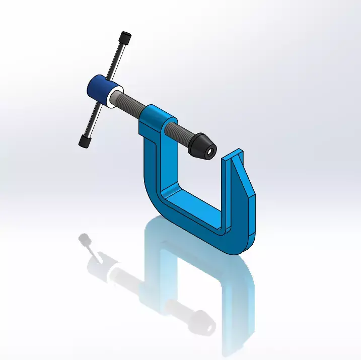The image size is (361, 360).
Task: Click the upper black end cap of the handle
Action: pyautogui.click(x=125, y=38)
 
